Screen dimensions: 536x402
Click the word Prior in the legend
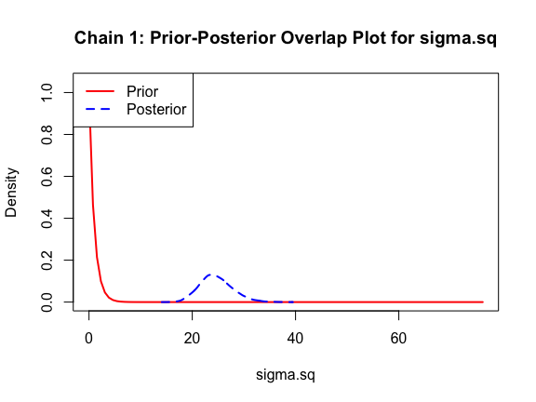coord(142,91)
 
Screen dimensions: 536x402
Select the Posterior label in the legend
coord(156,110)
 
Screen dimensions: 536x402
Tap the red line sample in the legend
coord(100,91)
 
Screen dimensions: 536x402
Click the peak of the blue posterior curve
coord(211,275)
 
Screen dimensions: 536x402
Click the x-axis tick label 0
coord(89,338)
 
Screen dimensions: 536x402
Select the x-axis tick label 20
coord(192,338)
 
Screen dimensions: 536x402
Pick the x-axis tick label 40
coord(295,338)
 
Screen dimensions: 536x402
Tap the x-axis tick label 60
coord(398,338)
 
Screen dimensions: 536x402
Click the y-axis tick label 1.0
coord(47,92)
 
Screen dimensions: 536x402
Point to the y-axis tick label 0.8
coord(47,135)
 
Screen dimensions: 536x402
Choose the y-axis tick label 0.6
coord(47,177)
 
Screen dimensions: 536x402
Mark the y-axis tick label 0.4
coord(47,219)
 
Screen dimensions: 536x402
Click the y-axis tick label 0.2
coord(47,261)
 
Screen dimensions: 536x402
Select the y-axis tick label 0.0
coord(47,302)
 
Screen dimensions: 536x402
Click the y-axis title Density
coord(11,192)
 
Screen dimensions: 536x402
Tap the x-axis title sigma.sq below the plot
coord(286,375)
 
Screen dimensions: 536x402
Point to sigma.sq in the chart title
coord(458,38)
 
